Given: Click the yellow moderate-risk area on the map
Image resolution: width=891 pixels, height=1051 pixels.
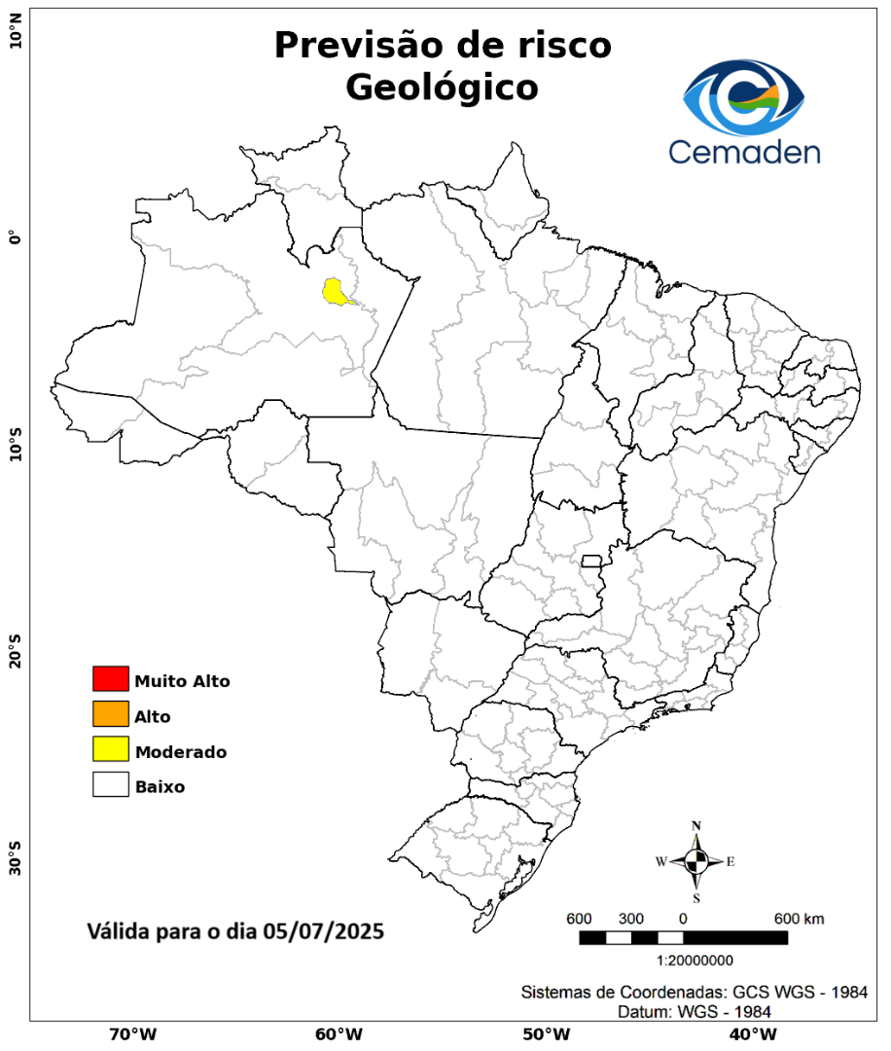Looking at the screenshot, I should [x=337, y=291].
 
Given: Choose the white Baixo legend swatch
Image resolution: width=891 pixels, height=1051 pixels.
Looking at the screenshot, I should [x=111, y=785].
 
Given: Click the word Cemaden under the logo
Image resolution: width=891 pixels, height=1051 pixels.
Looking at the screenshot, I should [x=744, y=151].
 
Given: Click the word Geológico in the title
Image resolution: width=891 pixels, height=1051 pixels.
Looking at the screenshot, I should [x=442, y=88].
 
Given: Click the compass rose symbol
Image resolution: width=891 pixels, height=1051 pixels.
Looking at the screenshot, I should [x=696, y=861].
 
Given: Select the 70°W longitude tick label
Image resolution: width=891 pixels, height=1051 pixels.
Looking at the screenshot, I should [x=133, y=1033].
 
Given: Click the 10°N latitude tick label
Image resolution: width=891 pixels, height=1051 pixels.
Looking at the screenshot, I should [x=16, y=39].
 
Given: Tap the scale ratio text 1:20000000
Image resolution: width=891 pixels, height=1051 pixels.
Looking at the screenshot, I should [x=695, y=960].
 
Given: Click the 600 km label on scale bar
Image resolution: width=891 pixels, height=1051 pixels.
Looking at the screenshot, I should [x=800, y=919].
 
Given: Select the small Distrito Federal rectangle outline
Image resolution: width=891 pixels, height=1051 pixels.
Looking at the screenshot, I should [x=591, y=561].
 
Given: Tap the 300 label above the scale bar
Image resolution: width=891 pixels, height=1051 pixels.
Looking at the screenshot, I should [x=631, y=919].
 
